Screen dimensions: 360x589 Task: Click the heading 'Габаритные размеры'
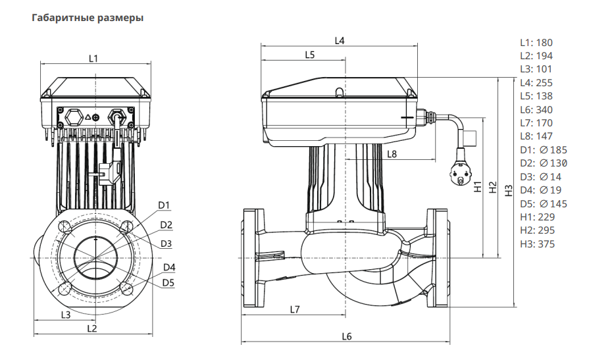pyautogui.click(x=88, y=18)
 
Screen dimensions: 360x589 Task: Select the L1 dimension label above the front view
pyautogui.click(x=94, y=58)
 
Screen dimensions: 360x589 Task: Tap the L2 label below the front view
pyautogui.click(x=92, y=327)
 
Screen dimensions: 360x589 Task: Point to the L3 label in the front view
pyautogui.click(x=65, y=315)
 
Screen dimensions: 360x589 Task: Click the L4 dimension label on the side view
pyautogui.click(x=340, y=41)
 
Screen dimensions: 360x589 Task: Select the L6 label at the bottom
pyautogui.click(x=347, y=336)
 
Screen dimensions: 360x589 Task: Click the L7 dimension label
pyautogui.click(x=294, y=309)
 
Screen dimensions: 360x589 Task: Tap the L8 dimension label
pyautogui.click(x=392, y=154)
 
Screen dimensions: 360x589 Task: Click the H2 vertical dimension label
pyautogui.click(x=493, y=187)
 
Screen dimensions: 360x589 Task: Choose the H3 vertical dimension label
pyautogui.click(x=508, y=190)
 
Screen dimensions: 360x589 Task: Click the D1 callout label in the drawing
pyautogui.click(x=165, y=205)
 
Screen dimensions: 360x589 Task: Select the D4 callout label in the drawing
pyautogui.click(x=169, y=267)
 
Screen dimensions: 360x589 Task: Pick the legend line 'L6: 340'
pyautogui.click(x=536, y=109)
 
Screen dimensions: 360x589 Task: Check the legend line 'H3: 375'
pyautogui.click(x=537, y=244)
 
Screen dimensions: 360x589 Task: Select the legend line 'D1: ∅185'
pyautogui.click(x=543, y=149)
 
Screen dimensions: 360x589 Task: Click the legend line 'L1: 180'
pyautogui.click(x=536, y=42)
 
